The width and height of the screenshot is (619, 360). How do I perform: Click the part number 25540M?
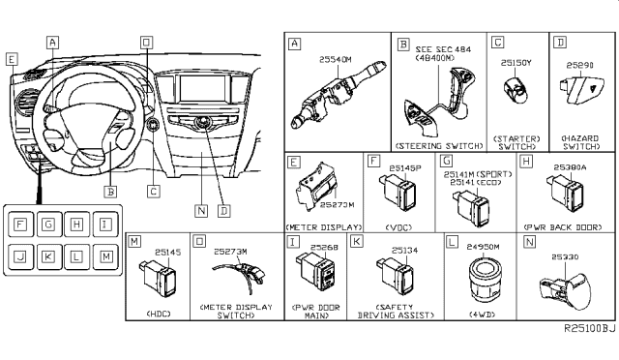(x=338, y=60)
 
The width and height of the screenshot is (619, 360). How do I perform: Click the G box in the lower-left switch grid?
(x=47, y=225)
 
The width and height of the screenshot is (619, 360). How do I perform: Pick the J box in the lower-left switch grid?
(x=19, y=255)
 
